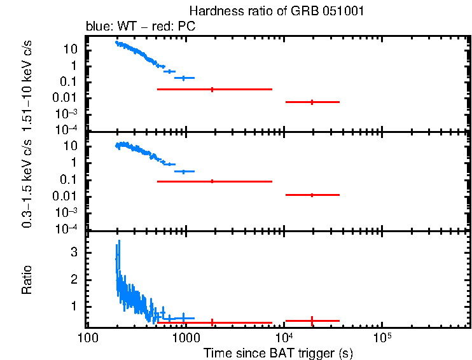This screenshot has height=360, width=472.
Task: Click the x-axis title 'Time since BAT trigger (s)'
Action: click(278, 352)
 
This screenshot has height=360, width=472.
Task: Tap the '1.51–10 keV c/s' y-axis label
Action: click(27, 83)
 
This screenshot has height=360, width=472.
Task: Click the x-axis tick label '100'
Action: click(88, 336)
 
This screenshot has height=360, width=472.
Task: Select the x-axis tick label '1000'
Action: click(186, 336)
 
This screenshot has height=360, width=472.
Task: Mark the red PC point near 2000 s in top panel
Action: click(212, 89)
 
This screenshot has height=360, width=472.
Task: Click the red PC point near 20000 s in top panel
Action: click(312, 102)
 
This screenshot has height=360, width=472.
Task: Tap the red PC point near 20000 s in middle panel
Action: click(312, 195)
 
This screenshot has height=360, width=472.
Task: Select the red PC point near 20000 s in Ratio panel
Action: click(312, 321)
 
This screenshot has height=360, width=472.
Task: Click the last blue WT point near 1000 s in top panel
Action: click(184, 78)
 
